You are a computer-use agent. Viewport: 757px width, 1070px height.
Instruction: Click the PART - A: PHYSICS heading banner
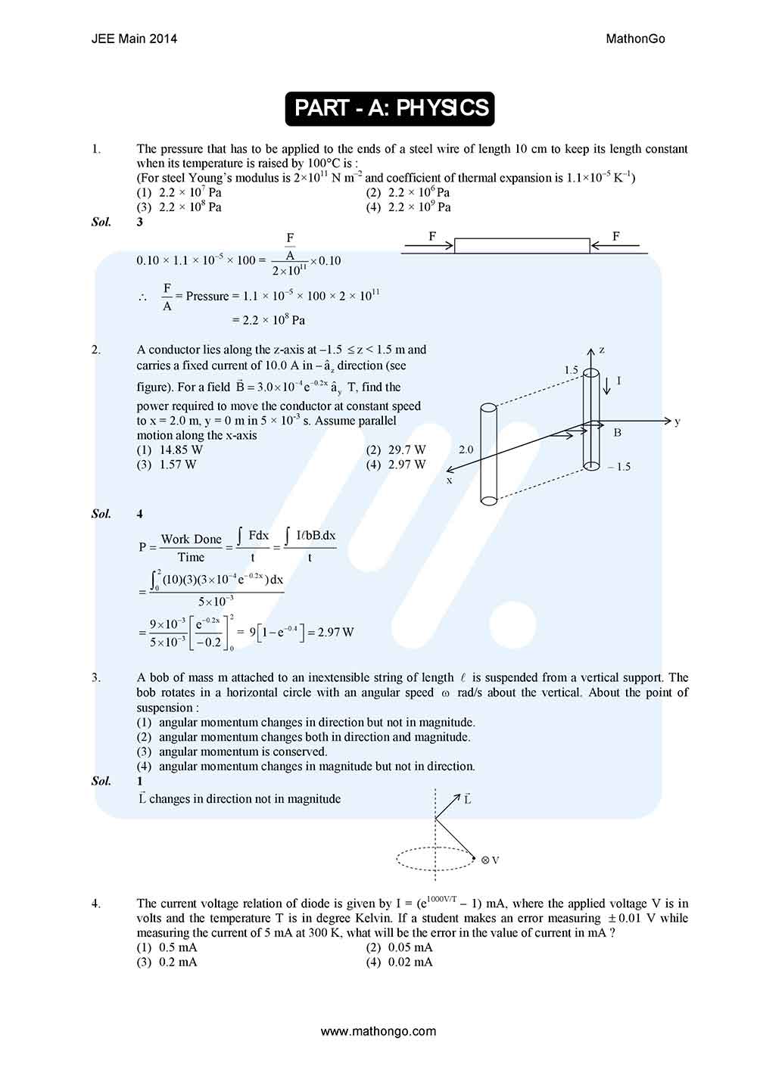click(x=390, y=108)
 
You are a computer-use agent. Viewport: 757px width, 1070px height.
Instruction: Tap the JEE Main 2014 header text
click(x=134, y=39)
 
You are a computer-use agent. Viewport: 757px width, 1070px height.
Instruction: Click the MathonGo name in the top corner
click(x=635, y=39)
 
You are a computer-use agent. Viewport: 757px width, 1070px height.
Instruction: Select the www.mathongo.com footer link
click(x=378, y=1031)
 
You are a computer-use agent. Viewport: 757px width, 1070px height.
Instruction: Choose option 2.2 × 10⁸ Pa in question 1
click(x=190, y=207)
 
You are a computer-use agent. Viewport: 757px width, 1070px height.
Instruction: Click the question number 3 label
click(x=96, y=677)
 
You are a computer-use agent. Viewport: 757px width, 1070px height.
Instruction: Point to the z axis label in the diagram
click(x=602, y=350)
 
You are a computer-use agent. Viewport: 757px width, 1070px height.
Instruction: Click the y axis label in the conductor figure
click(x=677, y=421)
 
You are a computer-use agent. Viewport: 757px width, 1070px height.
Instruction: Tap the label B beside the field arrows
click(x=617, y=433)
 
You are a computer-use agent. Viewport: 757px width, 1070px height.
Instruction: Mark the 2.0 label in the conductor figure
click(x=466, y=449)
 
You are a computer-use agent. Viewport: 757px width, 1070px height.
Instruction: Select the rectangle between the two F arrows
click(x=522, y=245)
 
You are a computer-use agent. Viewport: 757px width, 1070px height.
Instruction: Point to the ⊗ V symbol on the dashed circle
click(x=490, y=860)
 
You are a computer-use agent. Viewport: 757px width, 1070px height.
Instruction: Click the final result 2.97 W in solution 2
click(x=335, y=632)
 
